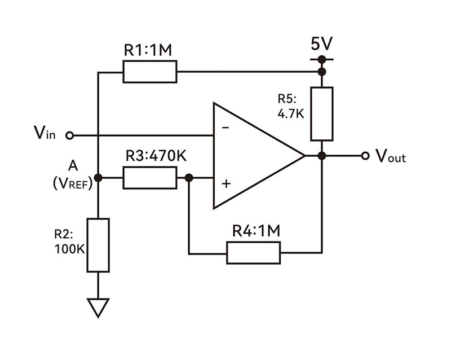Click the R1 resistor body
coord(149,72)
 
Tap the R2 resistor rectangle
coord(98,244)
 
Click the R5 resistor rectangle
coord(322,113)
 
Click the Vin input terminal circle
coord(70,135)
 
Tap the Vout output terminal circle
coord(365,155)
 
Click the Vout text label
coord(391,156)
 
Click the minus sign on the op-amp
coord(225,128)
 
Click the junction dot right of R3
coord(189,178)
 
